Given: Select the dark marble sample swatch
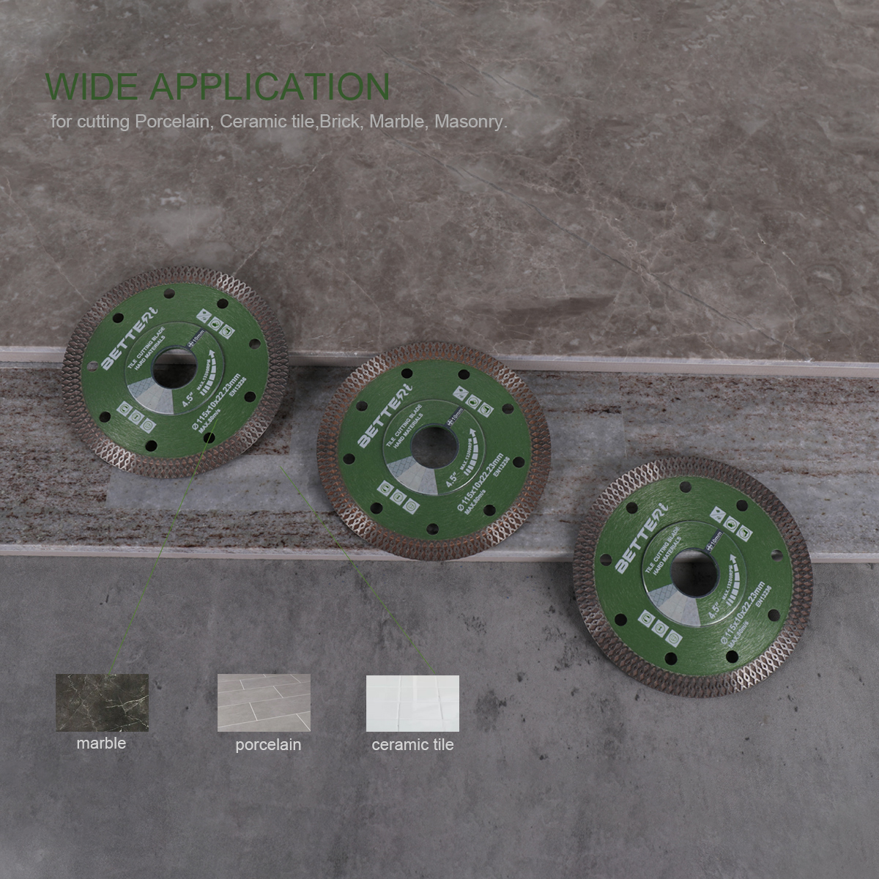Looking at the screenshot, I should (x=102, y=702).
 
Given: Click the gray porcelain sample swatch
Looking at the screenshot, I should (x=264, y=702).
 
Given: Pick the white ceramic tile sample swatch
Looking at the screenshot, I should (x=412, y=703).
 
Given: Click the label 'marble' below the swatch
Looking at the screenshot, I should (x=101, y=743).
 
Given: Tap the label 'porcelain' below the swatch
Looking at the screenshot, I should (x=268, y=745).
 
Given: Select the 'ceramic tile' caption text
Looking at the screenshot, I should (x=412, y=745).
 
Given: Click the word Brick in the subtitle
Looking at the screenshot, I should (x=344, y=122).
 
